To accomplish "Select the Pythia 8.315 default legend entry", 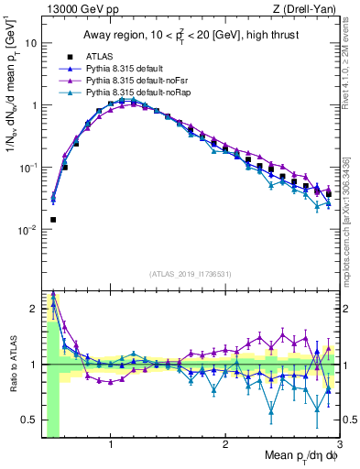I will pos(126,69).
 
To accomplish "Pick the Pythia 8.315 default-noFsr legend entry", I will pos(134,81).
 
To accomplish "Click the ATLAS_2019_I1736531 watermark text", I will pos(191,274).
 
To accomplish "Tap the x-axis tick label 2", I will pos(225,444).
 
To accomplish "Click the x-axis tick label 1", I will pos(111,444).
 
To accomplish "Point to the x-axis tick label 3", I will pos(339,444).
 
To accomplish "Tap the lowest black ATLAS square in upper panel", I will pos(53,220).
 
